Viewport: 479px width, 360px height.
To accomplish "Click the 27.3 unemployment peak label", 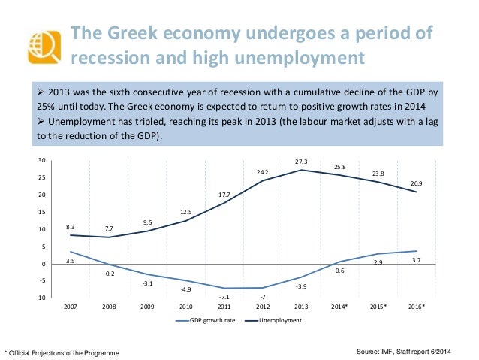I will coord(301,162).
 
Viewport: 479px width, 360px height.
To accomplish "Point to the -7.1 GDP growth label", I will coord(224,297).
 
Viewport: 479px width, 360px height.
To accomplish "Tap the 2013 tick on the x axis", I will coord(301,307).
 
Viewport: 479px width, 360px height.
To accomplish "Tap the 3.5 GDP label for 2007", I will coord(70,261).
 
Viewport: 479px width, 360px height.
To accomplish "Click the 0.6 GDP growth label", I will coord(339,270).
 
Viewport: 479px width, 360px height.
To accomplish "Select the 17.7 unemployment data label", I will coord(224,195).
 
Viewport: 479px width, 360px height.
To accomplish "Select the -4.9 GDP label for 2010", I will coord(185,289).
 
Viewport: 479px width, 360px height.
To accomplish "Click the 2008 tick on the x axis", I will coord(108,307).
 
